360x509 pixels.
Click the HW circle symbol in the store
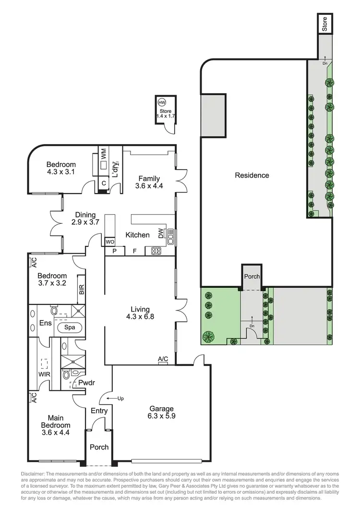click(162, 103)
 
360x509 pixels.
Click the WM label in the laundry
click(104, 155)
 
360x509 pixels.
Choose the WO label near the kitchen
click(109, 242)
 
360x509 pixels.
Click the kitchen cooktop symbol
click(156, 251)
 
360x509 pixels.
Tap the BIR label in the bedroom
click(81, 289)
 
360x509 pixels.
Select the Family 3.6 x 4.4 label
click(149, 182)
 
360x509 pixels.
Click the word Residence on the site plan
click(252, 175)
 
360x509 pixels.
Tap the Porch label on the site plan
click(252, 277)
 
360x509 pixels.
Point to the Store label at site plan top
click(324, 24)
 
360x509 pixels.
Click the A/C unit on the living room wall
click(163, 359)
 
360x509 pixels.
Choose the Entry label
click(99, 411)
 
